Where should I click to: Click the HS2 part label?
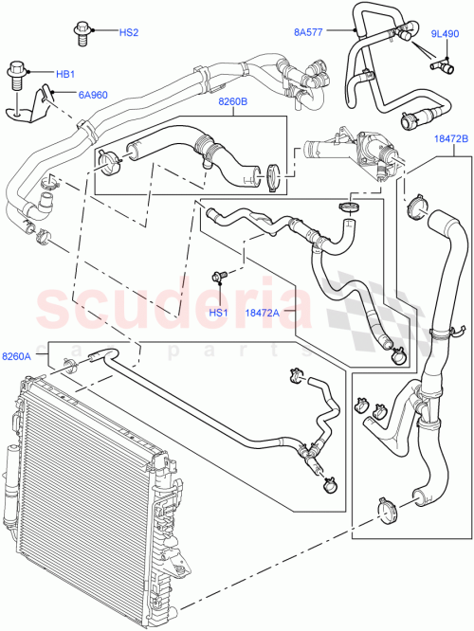tap(128, 33)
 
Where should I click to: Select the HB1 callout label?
tap(64, 73)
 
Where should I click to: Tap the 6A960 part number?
tap(79, 94)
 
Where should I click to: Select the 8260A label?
tap(18, 356)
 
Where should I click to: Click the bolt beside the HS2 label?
tap(82, 33)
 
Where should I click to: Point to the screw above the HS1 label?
tap(221, 278)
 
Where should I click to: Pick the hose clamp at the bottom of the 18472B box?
tap(385, 509)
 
